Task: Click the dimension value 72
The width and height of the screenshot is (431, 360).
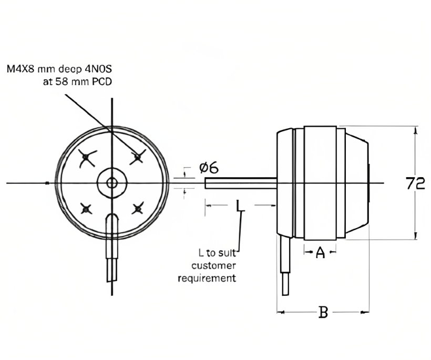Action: (x=415, y=183)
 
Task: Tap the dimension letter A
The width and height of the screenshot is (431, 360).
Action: (x=320, y=253)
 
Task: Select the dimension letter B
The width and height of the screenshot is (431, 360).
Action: (x=323, y=312)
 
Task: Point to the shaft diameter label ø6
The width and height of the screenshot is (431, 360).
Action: (x=209, y=167)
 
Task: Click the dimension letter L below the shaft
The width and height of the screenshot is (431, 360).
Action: (x=240, y=206)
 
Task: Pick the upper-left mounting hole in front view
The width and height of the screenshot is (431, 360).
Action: (x=86, y=157)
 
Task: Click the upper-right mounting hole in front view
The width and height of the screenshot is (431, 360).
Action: (x=137, y=157)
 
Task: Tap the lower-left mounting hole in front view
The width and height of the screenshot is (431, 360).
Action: (x=86, y=209)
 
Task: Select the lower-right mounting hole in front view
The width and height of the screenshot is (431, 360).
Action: (x=137, y=209)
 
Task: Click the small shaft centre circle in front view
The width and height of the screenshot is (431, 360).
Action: (x=111, y=183)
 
